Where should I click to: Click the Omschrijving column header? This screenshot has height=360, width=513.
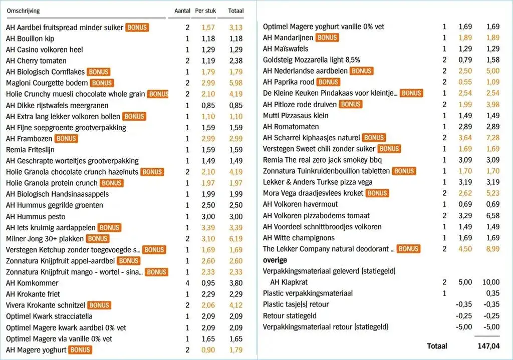(23, 11)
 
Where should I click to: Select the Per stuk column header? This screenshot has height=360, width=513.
(205, 11)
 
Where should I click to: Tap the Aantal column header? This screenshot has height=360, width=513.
(182, 11)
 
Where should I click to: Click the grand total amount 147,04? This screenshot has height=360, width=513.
(488, 345)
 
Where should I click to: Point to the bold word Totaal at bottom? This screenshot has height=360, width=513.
(437, 345)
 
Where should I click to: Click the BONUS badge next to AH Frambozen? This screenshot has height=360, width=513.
(66, 138)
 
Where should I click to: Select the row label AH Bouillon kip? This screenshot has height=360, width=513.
(30, 39)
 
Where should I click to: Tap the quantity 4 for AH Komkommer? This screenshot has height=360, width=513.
(188, 283)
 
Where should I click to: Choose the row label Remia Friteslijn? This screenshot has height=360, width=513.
(30, 149)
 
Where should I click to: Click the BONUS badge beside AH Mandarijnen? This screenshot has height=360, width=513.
(327, 38)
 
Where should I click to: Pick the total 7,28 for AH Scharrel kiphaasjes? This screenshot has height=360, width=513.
(492, 137)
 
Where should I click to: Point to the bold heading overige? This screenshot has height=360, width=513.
(275, 260)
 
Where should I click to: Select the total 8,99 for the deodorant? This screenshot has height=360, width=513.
(492, 248)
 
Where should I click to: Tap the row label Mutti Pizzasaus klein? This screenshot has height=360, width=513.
(296, 115)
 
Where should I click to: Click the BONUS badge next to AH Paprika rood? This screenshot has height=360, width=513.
(329, 82)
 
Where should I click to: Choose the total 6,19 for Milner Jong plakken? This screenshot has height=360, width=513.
(235, 238)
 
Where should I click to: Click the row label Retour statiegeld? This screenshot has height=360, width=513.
(290, 315)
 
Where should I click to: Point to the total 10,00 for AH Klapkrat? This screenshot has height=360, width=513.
(490, 282)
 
